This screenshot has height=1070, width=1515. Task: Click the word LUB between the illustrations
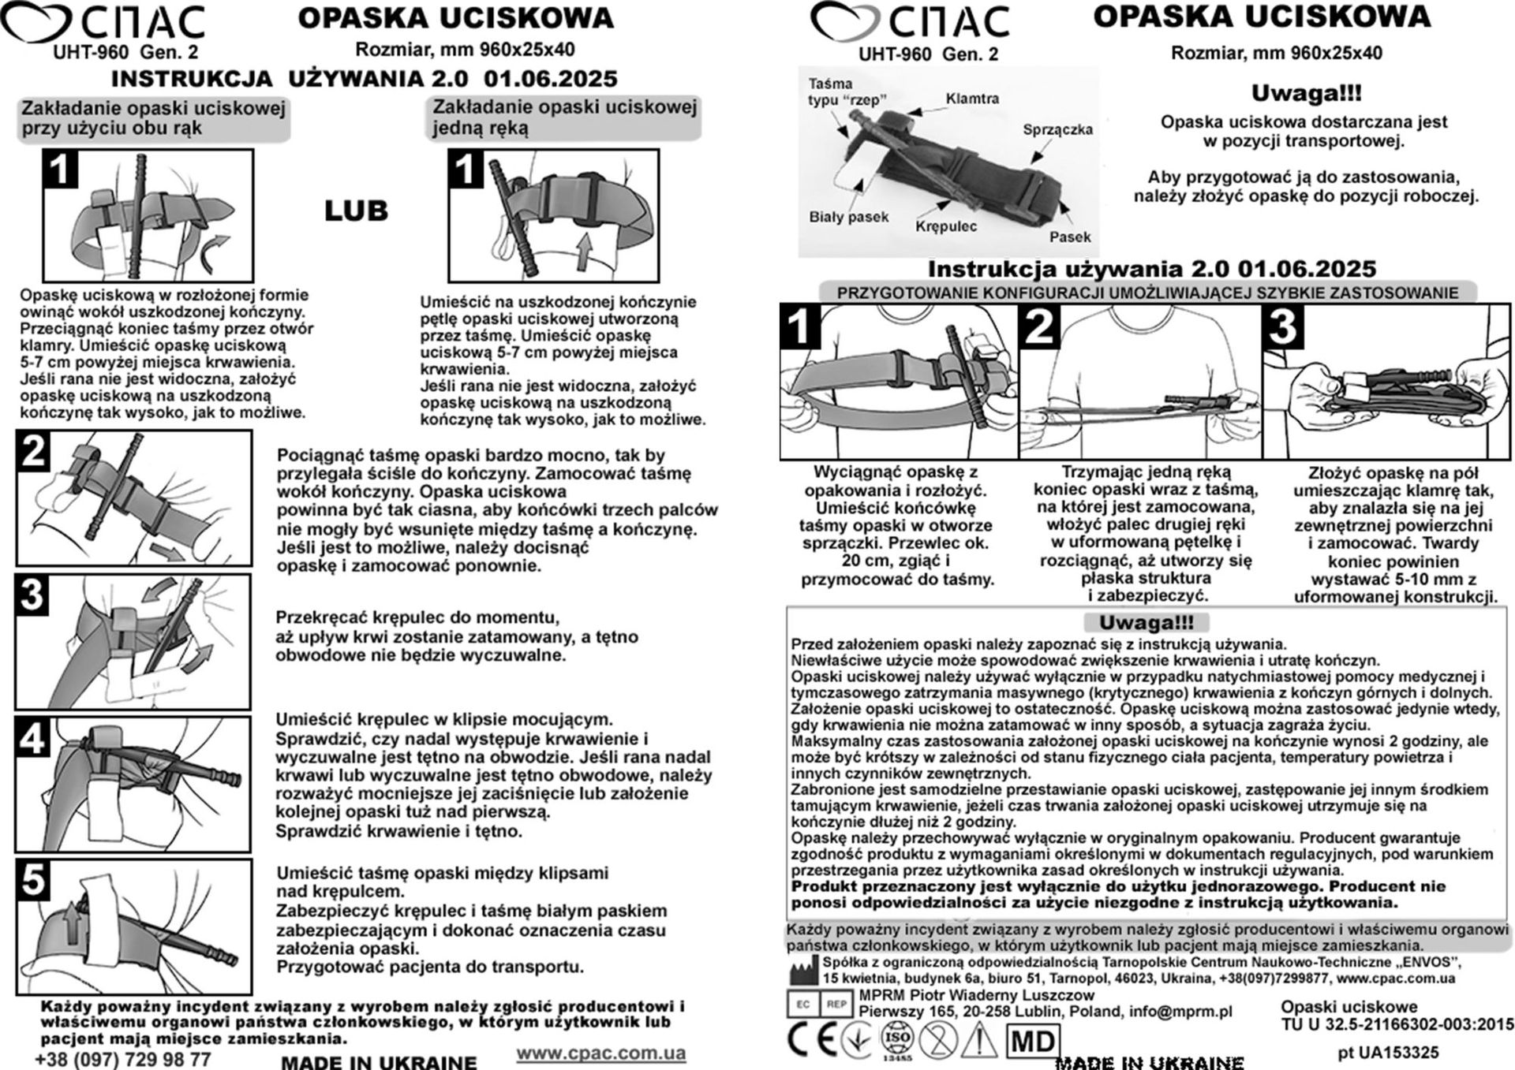pyautogui.click(x=356, y=211)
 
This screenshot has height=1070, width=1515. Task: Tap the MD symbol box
pyautogui.click(x=1033, y=1042)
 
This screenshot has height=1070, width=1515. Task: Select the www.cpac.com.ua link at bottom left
pyautogui.click(x=601, y=1053)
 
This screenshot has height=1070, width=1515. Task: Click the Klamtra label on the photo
pyautogui.click(x=972, y=99)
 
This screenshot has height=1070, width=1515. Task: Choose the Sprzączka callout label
pyautogui.click(x=1057, y=129)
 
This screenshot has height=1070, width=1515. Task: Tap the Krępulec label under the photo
pyautogui.click(x=946, y=226)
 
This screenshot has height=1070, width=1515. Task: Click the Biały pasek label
pyautogui.click(x=848, y=217)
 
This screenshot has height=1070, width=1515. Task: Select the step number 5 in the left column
pyautogui.click(x=32, y=879)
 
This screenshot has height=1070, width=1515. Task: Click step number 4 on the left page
pyautogui.click(x=32, y=737)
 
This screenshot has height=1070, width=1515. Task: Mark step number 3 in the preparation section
pyautogui.click(x=1283, y=326)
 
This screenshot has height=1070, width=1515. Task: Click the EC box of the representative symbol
pyautogui.click(x=802, y=1004)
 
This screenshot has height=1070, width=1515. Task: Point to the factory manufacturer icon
pyautogui.click(x=803, y=969)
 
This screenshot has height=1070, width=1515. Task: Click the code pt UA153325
pyautogui.click(x=1388, y=1052)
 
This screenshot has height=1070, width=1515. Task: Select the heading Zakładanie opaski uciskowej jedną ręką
pyautogui.click(x=564, y=117)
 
